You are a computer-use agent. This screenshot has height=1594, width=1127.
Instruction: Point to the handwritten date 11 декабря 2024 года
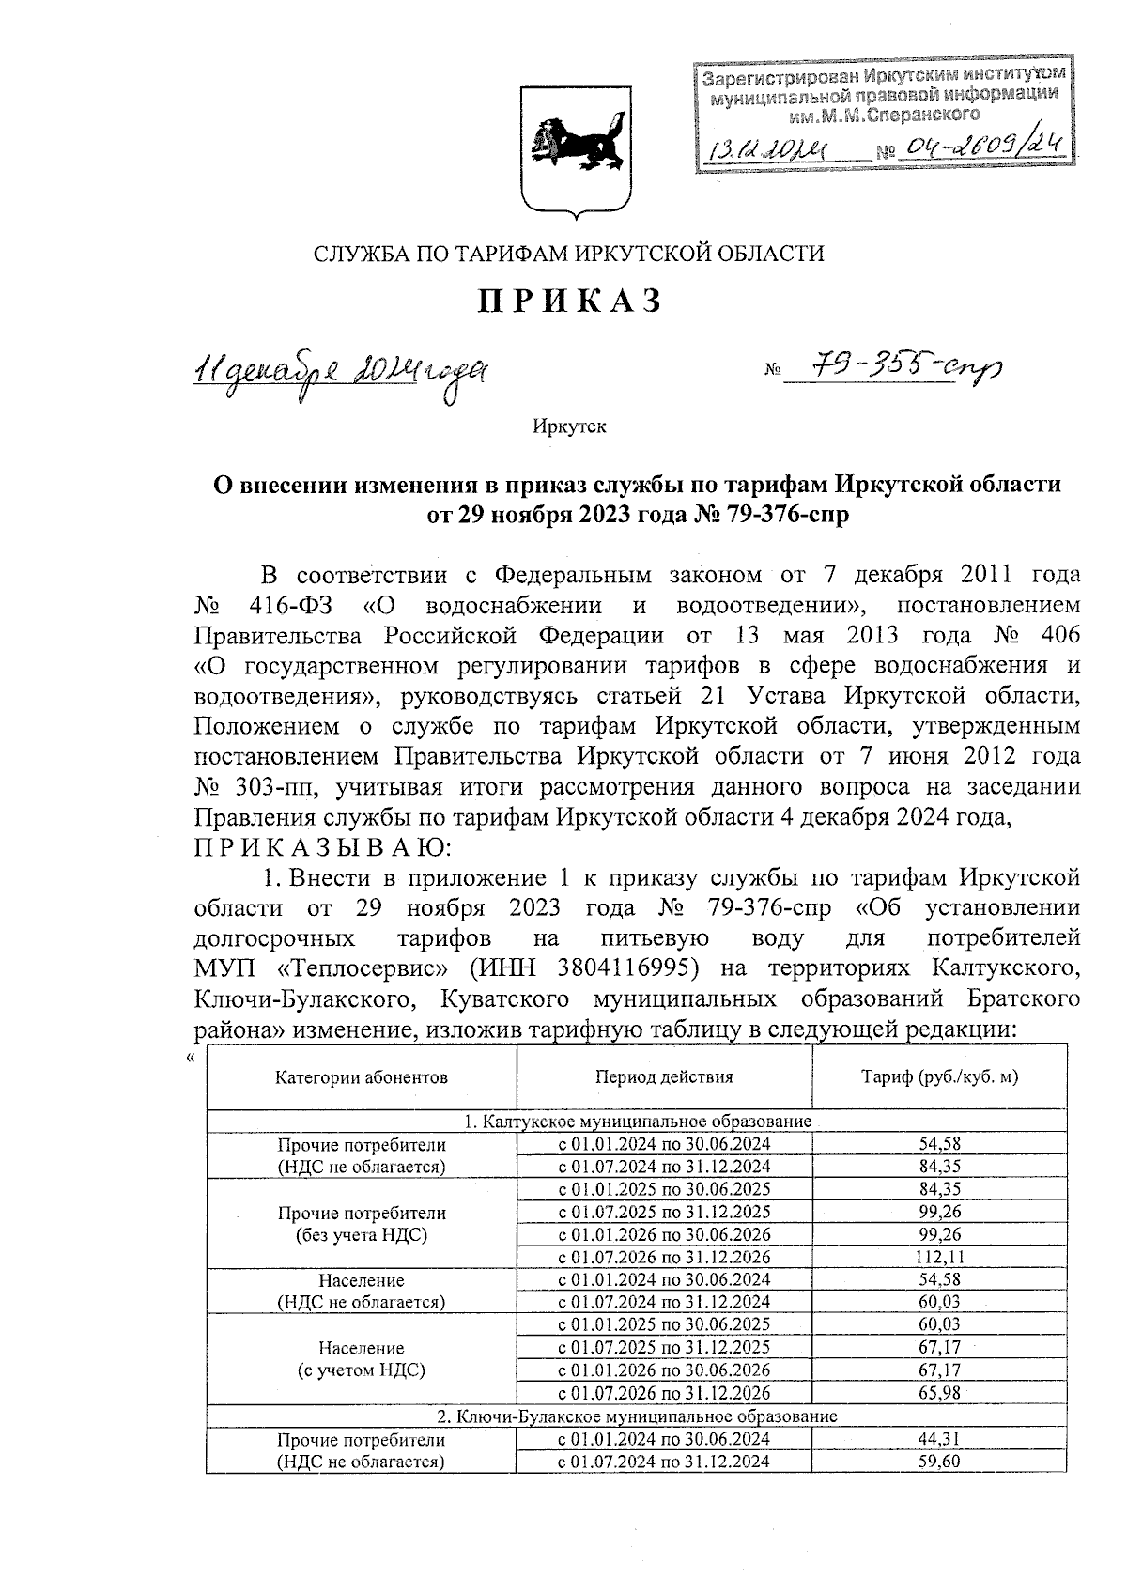[340, 372]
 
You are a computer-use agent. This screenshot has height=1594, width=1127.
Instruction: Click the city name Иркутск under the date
[569, 427]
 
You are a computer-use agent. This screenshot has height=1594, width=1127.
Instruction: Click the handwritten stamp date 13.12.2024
[768, 148]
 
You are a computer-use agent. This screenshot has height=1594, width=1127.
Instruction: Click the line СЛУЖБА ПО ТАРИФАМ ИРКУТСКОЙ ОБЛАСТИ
[568, 254]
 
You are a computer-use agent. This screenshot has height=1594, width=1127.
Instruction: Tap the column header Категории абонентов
[362, 1077]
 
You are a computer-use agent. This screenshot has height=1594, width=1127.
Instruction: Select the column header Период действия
[664, 1077]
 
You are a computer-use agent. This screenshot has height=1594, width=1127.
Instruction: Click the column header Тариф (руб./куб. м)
[939, 1077]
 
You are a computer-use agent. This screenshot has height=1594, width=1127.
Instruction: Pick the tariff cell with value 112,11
[939, 1258]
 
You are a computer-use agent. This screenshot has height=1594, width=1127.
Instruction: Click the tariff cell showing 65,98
[939, 1393]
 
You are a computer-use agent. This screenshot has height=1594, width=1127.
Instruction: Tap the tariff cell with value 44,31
[939, 1439]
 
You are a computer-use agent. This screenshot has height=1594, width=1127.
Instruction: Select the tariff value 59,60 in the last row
[939, 1462]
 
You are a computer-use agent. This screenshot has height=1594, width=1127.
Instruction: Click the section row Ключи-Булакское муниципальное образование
[637, 1416]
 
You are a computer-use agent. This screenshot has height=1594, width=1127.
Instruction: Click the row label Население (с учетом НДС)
[362, 1359]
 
